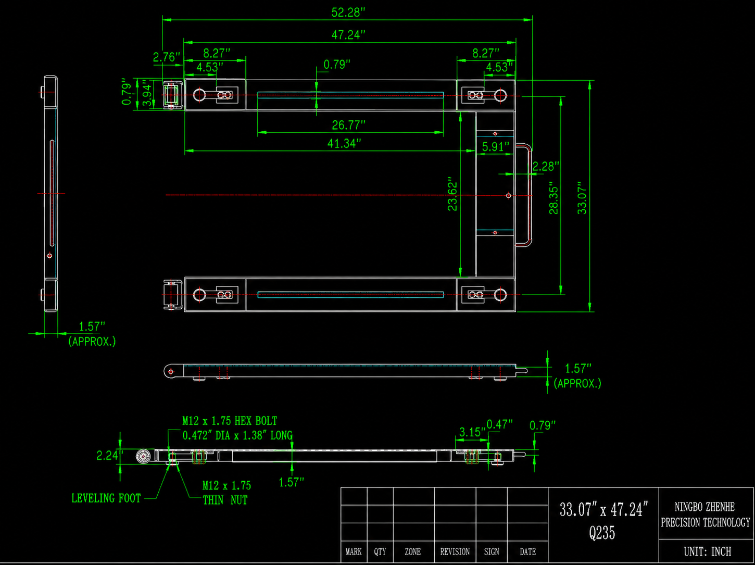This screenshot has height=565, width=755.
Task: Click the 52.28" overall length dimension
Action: click(348, 12)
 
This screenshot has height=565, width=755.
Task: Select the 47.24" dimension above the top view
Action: click(348, 35)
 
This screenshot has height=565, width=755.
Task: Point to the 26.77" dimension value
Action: click(348, 125)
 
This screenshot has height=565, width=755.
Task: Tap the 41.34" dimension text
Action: click(344, 143)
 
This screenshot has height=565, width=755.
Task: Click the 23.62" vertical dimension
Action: click(452, 194)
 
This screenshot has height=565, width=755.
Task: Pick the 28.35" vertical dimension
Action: click(553, 198)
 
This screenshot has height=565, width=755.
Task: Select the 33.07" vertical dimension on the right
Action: click(582, 198)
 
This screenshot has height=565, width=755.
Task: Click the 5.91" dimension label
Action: click(495, 147)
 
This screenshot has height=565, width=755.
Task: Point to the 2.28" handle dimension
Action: click(546, 167)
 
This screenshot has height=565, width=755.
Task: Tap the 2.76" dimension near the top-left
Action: click(167, 57)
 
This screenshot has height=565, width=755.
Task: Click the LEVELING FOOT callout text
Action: click(106, 498)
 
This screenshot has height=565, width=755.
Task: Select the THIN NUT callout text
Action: click(225, 500)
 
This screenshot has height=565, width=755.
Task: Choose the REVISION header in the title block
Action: click(455, 552)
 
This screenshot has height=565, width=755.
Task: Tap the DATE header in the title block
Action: click(527, 552)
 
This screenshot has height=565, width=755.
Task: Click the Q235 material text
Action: click(602, 533)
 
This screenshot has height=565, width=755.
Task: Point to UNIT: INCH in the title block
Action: click(707, 551)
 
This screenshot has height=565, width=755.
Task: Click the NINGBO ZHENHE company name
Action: click(704, 507)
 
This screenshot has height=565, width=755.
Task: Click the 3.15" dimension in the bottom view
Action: click(472, 432)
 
